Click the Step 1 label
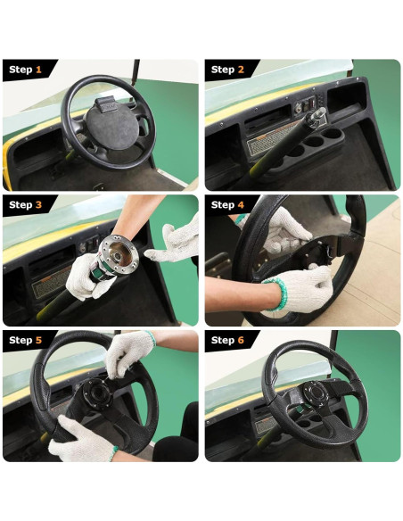[x=26, y=70]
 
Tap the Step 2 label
[x=228, y=70]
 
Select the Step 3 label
[x=26, y=205]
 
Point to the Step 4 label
[x=228, y=205]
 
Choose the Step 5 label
[x=26, y=341]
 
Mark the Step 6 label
[x=228, y=341]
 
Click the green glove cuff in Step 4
[x=272, y=295]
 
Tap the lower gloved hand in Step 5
[x=80, y=439]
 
